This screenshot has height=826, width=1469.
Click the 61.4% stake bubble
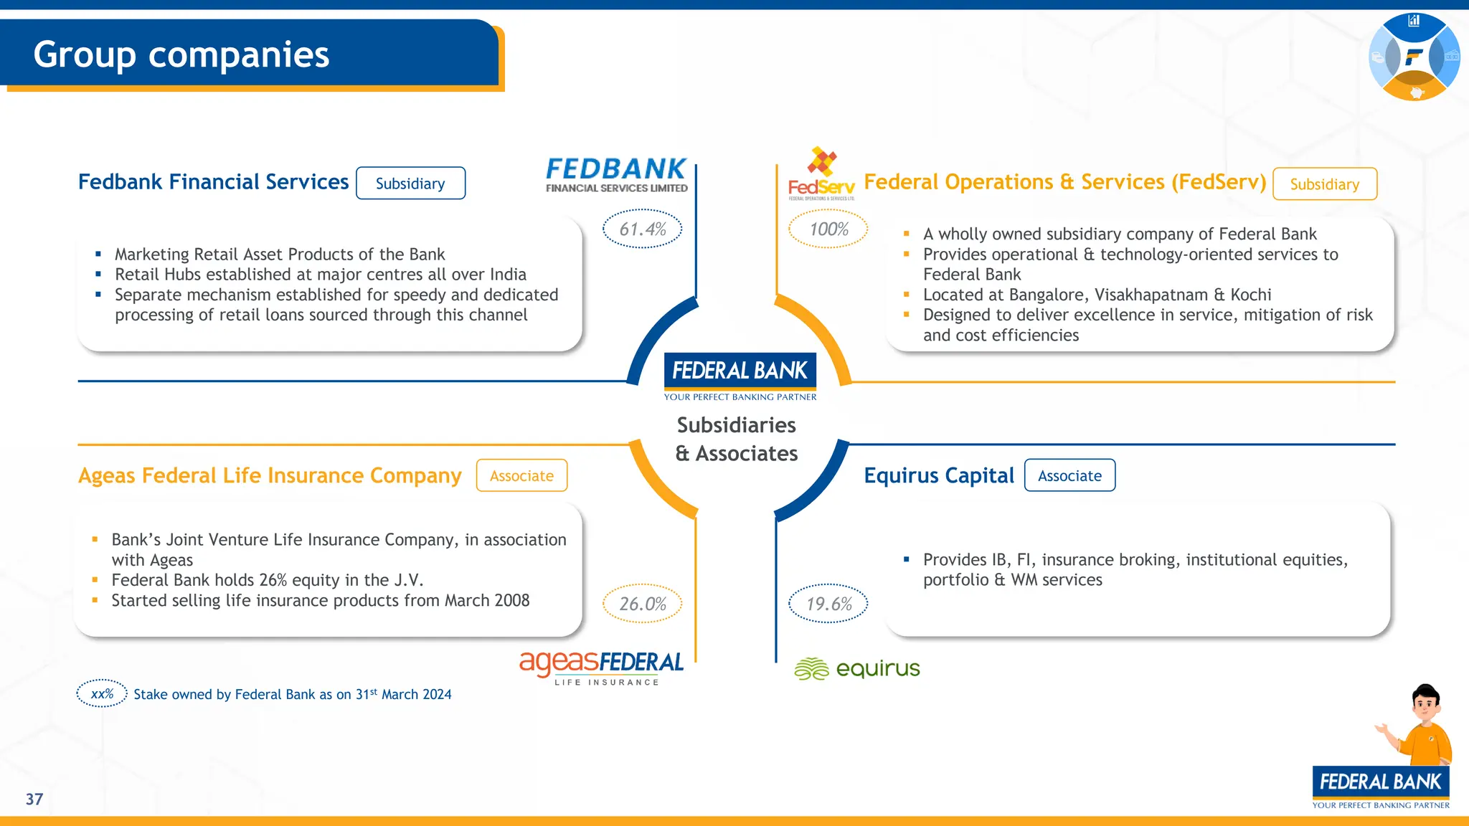click(642, 229)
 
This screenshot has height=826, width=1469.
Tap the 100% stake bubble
click(828, 229)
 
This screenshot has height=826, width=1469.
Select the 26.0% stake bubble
click(642, 604)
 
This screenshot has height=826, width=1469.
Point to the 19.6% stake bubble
click(828, 604)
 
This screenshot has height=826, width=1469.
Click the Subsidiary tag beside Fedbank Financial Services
click(410, 184)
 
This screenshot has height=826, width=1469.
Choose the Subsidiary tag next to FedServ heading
click(1324, 184)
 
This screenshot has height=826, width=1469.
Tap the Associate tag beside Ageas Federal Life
click(521, 475)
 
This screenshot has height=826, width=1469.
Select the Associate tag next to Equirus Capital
click(1069, 475)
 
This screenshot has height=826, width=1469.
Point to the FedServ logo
click(821, 174)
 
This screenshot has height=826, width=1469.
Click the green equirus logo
click(856, 668)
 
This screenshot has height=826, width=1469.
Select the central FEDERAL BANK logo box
click(740, 371)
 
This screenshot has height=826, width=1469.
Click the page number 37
click(34, 799)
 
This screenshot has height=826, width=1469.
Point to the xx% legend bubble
click(102, 693)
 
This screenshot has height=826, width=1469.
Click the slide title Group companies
click(181, 54)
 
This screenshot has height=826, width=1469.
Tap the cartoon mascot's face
click(1425, 705)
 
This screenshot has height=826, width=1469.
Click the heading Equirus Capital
click(939, 475)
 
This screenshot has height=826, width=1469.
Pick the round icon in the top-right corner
click(1414, 57)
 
